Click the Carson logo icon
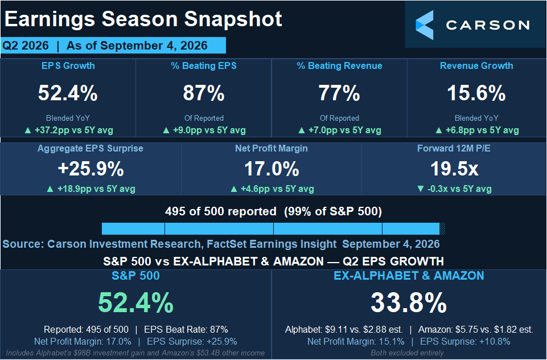click(x=425, y=25)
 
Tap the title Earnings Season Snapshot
click(x=143, y=19)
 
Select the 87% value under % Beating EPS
click(x=204, y=93)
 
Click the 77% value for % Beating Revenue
click(x=339, y=93)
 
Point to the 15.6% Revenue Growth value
click(x=476, y=93)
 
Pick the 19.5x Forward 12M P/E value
click(x=454, y=169)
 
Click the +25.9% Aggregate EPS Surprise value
click(x=91, y=169)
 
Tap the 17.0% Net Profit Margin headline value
click(x=272, y=169)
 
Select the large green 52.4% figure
click(x=135, y=302)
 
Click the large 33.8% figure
click(x=409, y=302)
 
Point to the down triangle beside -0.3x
click(x=421, y=189)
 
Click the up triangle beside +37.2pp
click(x=28, y=130)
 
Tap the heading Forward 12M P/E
click(x=454, y=149)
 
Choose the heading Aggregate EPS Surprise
click(x=91, y=149)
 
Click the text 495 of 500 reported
click(x=220, y=211)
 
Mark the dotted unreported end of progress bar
click(x=442, y=229)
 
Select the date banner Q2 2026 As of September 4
click(x=113, y=46)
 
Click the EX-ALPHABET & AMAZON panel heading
click(x=409, y=276)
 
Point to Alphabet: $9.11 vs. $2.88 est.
click(x=344, y=329)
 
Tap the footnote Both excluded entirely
click(x=407, y=353)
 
